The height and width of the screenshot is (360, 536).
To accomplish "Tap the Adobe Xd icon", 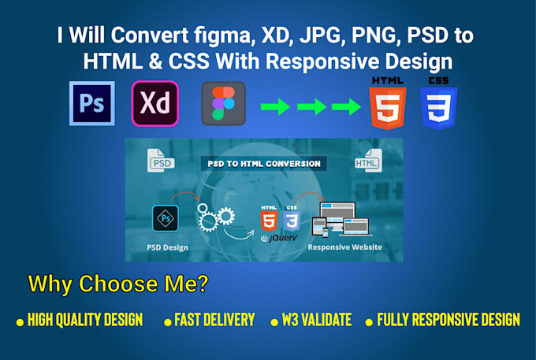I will pyautogui.click(x=155, y=103).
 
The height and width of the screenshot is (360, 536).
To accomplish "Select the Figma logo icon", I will pyautogui.click(x=223, y=103).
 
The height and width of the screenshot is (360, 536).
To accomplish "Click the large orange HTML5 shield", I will pyautogui.click(x=388, y=107).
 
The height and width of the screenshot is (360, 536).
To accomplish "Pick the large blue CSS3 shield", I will pyautogui.click(x=439, y=107).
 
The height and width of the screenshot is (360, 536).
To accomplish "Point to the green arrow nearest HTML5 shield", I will pyautogui.click(x=346, y=106).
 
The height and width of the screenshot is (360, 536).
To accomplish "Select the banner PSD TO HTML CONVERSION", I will pyautogui.click(x=264, y=164).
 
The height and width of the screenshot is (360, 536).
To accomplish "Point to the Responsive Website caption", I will pyautogui.click(x=344, y=247).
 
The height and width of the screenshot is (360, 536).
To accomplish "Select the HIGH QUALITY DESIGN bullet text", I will pyautogui.click(x=85, y=320).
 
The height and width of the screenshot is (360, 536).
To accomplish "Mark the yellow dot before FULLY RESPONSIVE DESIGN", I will pyautogui.click(x=369, y=321).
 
